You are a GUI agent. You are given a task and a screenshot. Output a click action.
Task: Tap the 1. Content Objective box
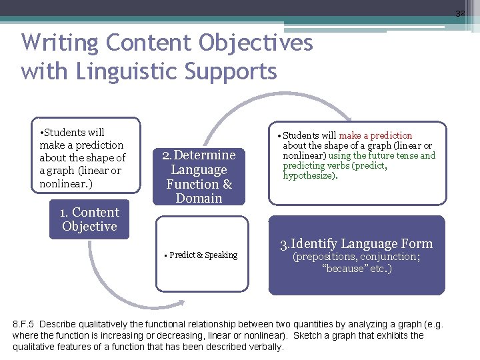89,219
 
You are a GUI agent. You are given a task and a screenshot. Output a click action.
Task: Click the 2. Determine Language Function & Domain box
199,177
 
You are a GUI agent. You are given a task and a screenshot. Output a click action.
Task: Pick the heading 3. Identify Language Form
356,243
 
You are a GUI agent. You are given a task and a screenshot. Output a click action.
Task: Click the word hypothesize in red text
309,176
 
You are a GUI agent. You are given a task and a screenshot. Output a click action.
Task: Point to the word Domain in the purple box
199,199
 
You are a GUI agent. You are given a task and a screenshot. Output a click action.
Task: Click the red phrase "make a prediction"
375,135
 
